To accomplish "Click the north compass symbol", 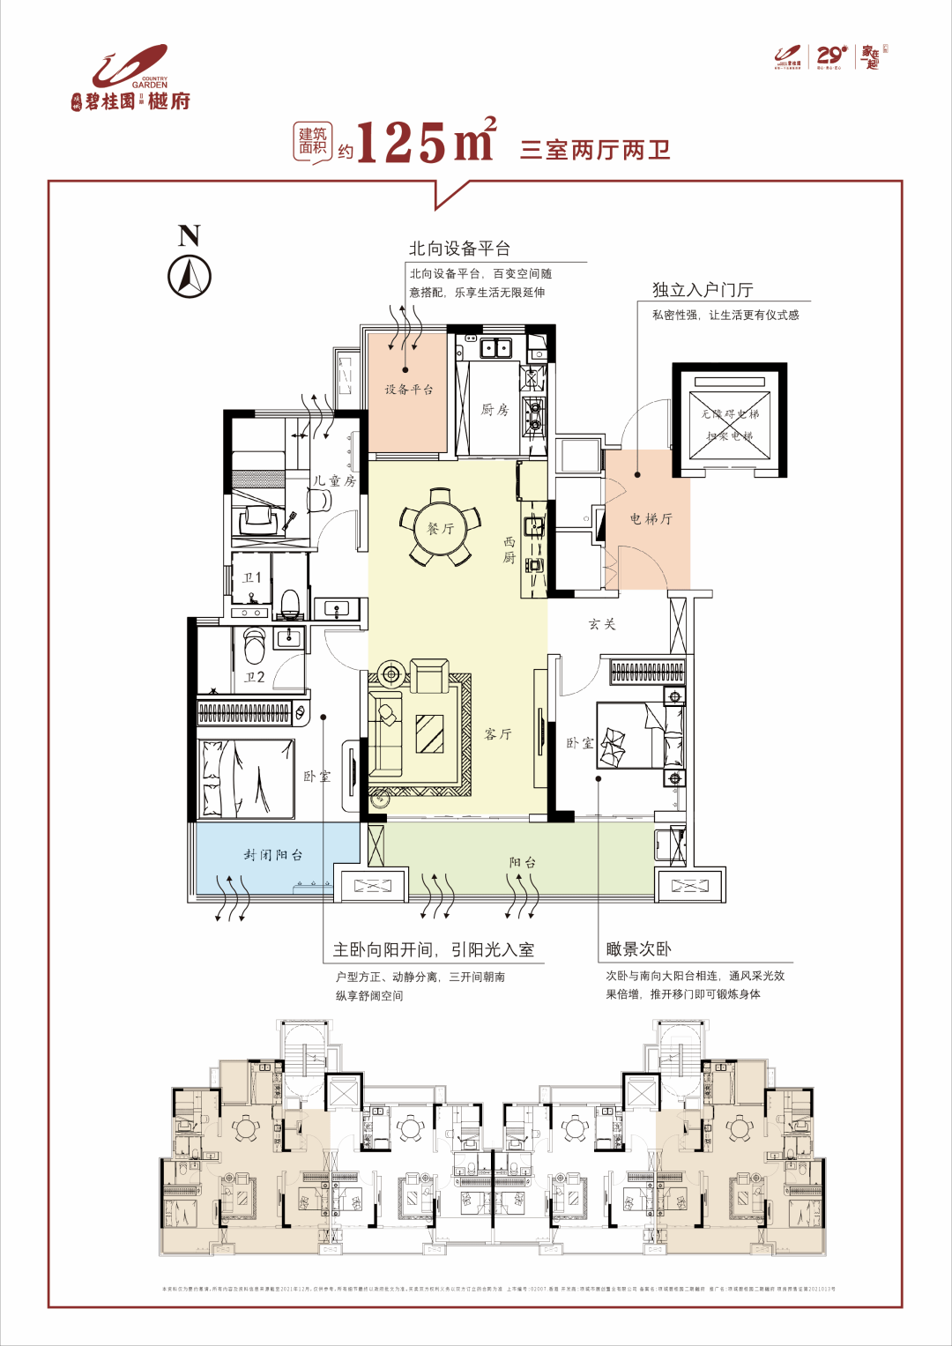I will point(190,276).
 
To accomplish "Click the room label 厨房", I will point(495,409).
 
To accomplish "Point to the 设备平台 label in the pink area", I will point(408,390).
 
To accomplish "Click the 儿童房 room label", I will point(335,480).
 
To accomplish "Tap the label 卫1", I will point(252,577).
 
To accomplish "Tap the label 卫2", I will point(255,677).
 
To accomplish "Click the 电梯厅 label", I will point(651,518).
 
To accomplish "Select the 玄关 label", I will point(602,624).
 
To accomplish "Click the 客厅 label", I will point(498,733).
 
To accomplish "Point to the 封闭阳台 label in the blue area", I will point(273,854).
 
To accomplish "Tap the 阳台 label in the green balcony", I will point(522,862).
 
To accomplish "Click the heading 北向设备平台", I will point(459,249).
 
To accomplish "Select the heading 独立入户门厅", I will point(703,290).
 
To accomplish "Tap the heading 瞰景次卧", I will point(639,949).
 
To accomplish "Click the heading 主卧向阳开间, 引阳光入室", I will point(434,949).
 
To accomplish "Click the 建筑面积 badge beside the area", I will point(312,141).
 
